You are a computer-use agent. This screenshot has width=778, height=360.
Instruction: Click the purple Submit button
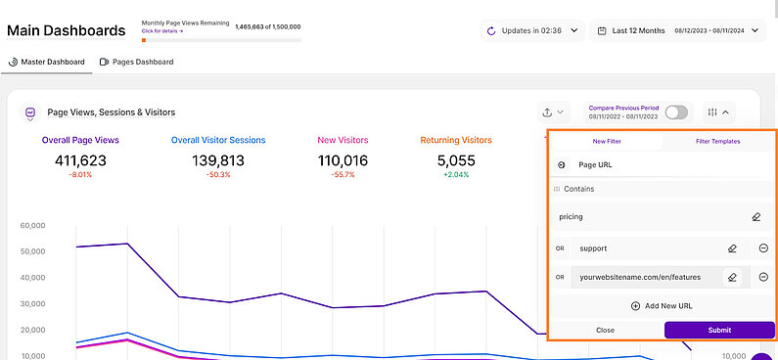[x=719, y=330]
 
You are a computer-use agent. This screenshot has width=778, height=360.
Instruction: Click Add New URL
[x=662, y=306]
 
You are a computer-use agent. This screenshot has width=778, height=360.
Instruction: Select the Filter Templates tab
[x=717, y=141]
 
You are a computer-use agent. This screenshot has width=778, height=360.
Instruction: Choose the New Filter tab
[x=605, y=141]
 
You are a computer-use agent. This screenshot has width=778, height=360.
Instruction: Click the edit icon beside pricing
[x=755, y=216]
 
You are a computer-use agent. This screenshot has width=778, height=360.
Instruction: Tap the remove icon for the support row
[x=763, y=248]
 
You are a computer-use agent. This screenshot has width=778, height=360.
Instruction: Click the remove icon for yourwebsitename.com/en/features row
[x=763, y=277]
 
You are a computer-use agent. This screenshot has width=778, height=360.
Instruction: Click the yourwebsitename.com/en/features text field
[x=646, y=277]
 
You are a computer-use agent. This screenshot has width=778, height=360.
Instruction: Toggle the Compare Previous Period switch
[x=676, y=112]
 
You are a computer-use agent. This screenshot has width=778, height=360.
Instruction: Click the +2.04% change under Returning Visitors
[x=455, y=175]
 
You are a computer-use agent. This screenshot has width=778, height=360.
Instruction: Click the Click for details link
[x=162, y=31]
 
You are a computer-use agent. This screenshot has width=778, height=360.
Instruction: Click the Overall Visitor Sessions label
[x=218, y=141]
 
